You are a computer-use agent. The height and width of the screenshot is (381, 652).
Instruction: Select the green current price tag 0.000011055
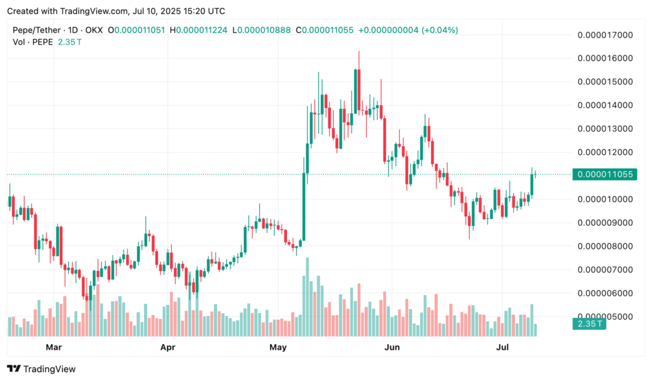point(604,174)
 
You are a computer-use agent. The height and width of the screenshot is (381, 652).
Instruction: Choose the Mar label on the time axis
point(54,347)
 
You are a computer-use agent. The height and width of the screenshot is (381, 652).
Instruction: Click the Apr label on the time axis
point(167,347)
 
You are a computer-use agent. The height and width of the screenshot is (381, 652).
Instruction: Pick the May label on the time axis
point(278,347)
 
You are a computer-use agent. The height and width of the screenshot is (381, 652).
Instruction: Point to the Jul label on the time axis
point(502,347)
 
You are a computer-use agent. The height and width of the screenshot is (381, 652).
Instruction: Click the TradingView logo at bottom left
point(41,369)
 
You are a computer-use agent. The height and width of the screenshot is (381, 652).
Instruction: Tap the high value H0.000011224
point(197,30)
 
